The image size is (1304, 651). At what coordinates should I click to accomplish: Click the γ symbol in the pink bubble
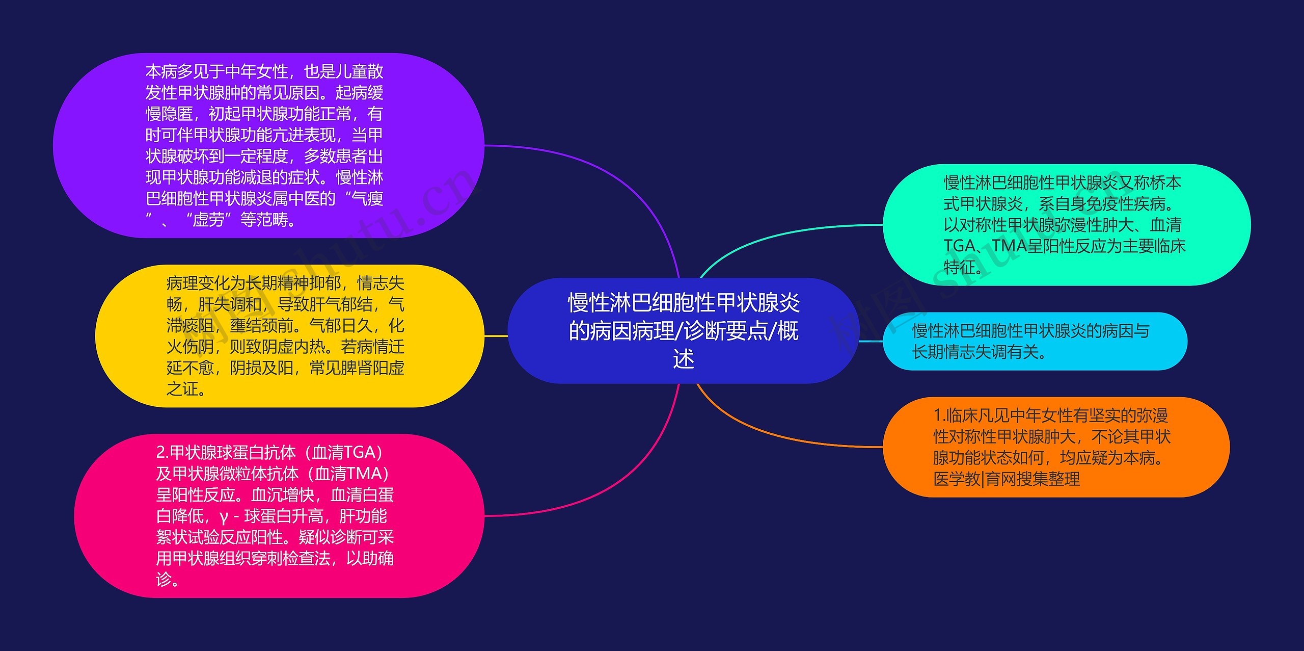[x=224, y=516]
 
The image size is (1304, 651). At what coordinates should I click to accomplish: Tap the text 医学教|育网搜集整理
[x=1006, y=479]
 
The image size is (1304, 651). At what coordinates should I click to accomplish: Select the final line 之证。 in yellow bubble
[x=186, y=389]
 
